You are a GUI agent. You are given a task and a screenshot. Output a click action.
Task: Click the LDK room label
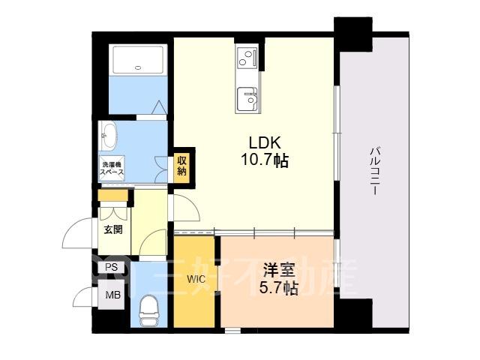point(265,142)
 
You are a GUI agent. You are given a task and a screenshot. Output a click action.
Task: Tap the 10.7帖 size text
point(265,160)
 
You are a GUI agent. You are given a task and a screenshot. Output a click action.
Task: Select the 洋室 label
point(279,271)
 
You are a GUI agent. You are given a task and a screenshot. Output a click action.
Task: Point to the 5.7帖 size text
point(279,287)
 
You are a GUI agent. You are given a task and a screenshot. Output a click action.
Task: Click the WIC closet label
point(196,279)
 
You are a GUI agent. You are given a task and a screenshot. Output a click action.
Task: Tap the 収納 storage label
point(181,166)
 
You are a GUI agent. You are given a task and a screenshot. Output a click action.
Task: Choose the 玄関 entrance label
point(113,229)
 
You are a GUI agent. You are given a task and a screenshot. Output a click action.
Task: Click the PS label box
point(112,267)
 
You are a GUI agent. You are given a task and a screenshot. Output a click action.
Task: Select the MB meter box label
point(113,295)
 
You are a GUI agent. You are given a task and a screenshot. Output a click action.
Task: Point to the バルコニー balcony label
point(375,171)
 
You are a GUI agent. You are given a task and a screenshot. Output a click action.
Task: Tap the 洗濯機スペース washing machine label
point(112,168)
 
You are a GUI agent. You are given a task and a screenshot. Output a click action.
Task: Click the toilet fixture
point(148,310)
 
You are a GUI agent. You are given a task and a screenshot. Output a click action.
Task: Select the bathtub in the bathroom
point(138,60)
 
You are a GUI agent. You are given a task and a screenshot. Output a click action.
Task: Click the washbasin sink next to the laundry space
point(108,136)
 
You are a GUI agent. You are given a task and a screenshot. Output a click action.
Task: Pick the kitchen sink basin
point(247,98)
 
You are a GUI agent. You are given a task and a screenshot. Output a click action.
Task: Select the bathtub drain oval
point(138,67)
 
